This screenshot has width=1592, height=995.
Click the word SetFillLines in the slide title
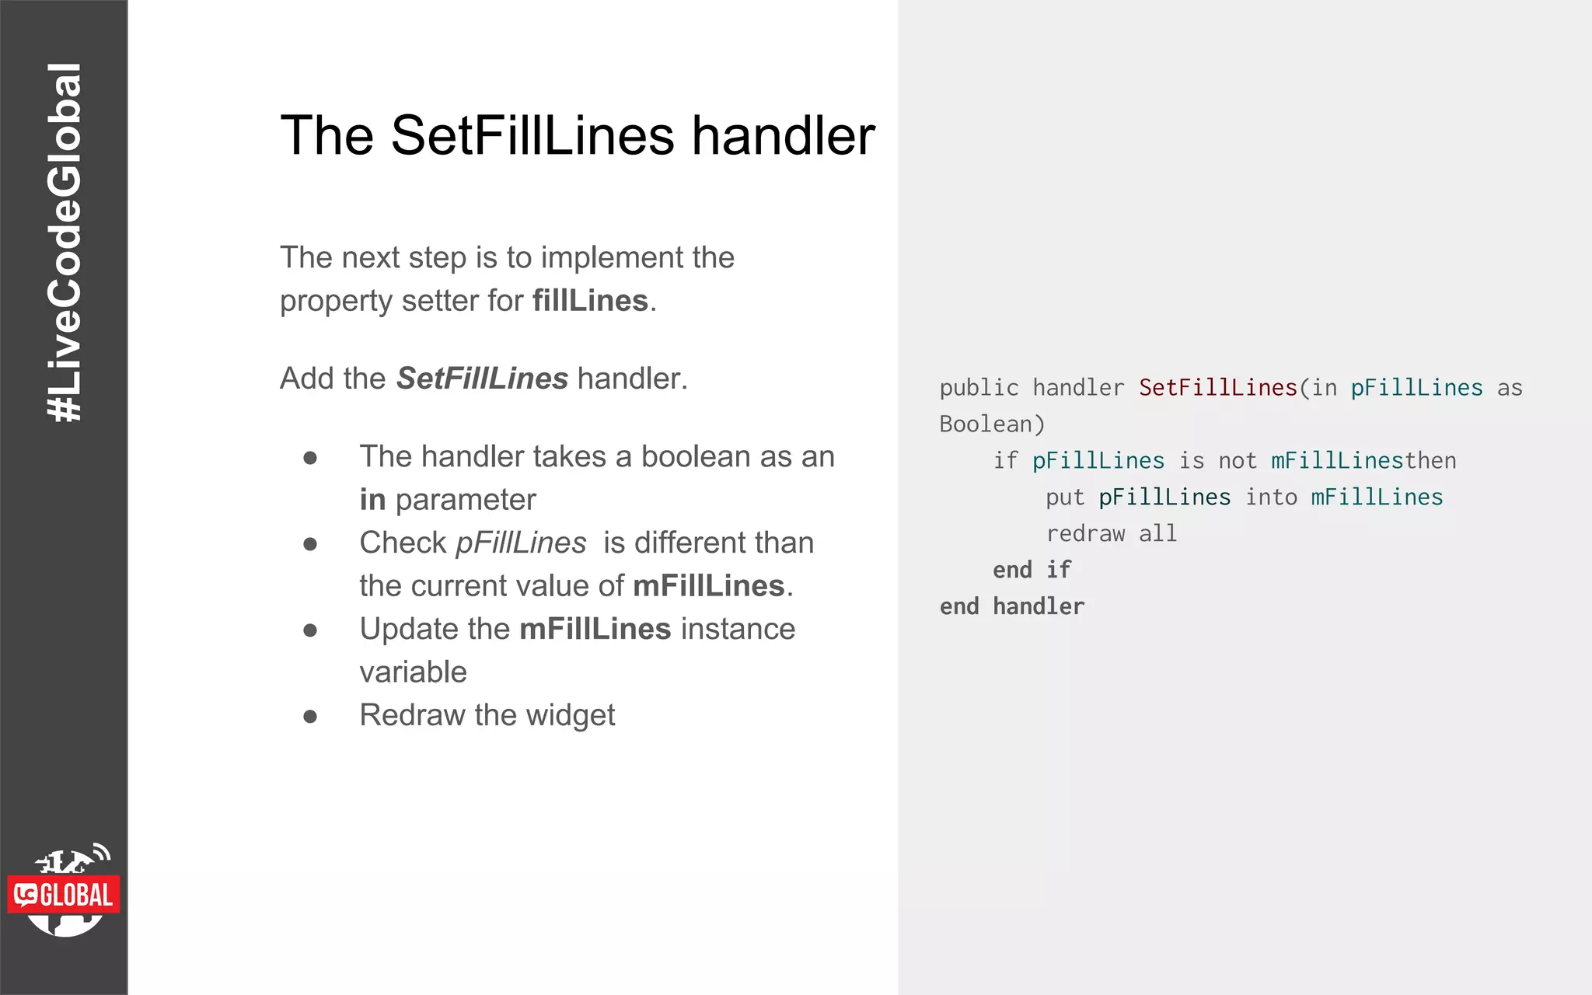tap(532, 136)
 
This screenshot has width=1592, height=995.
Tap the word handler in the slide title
tap(784, 136)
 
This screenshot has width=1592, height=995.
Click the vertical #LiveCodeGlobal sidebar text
tap(64, 243)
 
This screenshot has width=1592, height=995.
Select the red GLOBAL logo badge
tap(65, 895)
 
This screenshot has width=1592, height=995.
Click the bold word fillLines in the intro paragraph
tap(590, 301)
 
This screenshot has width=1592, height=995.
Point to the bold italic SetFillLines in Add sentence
tap(482, 379)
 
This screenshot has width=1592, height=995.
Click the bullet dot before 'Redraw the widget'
tap(310, 716)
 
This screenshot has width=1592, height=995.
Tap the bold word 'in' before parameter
tap(372, 500)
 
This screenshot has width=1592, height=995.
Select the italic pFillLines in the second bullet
tap(521, 543)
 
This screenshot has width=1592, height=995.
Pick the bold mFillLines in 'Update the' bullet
tap(595, 629)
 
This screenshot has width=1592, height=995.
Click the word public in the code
tap(979, 388)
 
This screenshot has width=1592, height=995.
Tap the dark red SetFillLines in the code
tap(1218, 388)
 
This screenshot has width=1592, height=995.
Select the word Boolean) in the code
tap(992, 424)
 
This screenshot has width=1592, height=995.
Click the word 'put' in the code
tap(1065, 497)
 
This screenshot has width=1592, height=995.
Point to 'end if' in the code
tap(1032, 570)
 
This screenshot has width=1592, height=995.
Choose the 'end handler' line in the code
tap(1011, 606)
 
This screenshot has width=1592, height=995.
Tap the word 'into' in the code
tap(1271, 497)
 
